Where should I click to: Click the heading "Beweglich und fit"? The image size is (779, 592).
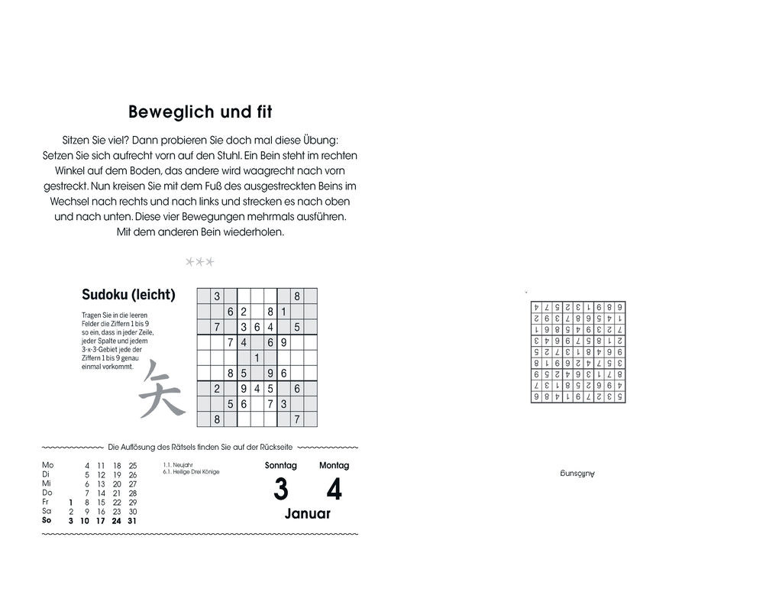[x=200, y=112]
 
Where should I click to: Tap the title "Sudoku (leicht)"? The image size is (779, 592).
[x=128, y=294]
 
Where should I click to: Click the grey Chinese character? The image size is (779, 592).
[x=162, y=389]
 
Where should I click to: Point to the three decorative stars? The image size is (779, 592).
[x=200, y=262]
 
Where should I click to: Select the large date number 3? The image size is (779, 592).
[x=280, y=490]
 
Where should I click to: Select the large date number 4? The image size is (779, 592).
[x=334, y=490]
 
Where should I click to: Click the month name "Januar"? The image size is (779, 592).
[x=308, y=514]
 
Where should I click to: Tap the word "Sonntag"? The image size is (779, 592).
[x=280, y=465]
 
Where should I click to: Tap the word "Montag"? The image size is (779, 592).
[x=334, y=465]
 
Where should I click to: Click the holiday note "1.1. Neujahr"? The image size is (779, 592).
[x=178, y=464]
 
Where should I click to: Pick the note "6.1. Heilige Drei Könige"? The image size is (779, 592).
[x=191, y=472]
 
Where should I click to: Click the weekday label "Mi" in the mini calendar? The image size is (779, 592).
[x=47, y=484]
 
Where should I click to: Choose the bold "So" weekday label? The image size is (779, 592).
[x=47, y=520]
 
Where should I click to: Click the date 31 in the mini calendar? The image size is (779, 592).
[x=132, y=521]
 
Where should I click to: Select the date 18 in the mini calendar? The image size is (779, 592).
[x=116, y=465]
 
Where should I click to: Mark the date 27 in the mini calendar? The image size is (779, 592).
[x=132, y=484]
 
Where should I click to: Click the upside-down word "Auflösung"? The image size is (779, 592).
[x=577, y=474]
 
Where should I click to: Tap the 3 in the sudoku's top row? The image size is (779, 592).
[x=217, y=296]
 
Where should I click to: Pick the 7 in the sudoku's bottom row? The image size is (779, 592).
[x=297, y=419]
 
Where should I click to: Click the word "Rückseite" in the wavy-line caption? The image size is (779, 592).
[x=276, y=447]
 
